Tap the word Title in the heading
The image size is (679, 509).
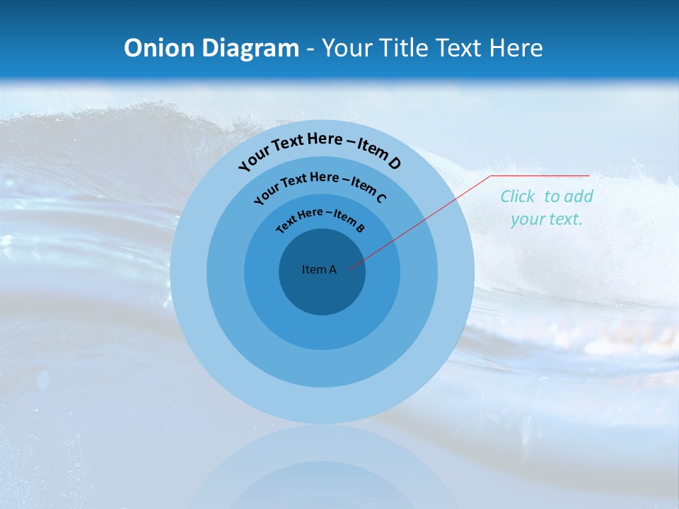pyautogui.click(x=405, y=48)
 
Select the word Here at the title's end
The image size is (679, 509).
pyautogui.click(x=517, y=48)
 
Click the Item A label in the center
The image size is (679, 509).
pyautogui.click(x=319, y=269)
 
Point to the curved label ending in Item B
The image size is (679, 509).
pyautogui.click(x=320, y=218)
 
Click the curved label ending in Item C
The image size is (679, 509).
pyautogui.click(x=320, y=185)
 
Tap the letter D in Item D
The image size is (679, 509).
pyautogui.click(x=393, y=163)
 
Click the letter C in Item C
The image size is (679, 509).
pyautogui.click(x=381, y=197)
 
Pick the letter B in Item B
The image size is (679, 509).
pyautogui.click(x=360, y=228)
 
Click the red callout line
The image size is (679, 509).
pyautogui.click(x=424, y=219)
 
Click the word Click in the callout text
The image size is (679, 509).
pyautogui.click(x=518, y=197)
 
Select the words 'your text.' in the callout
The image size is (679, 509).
pyautogui.click(x=546, y=219)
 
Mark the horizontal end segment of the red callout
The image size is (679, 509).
pyautogui.click(x=541, y=175)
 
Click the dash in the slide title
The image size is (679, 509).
pyautogui.click(x=311, y=48)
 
